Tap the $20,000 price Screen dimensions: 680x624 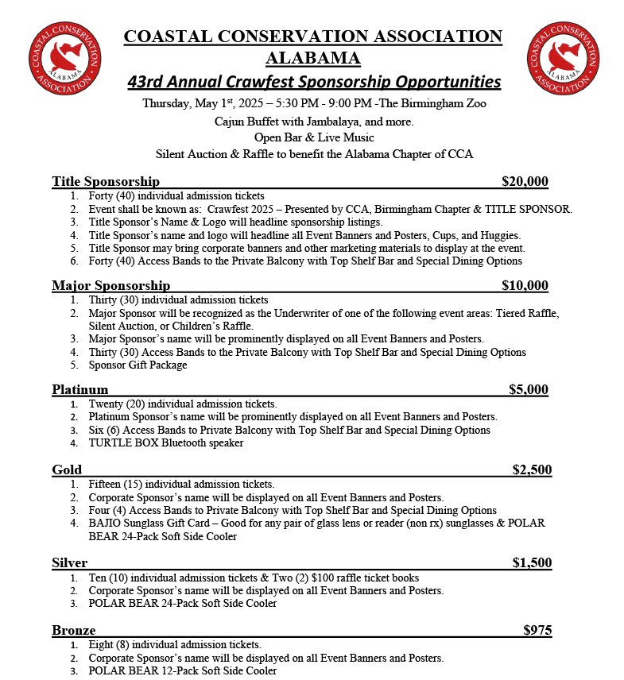[525, 181]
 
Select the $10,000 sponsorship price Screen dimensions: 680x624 [525, 285]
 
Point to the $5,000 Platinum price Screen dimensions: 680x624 [528, 389]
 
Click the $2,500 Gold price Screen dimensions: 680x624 [532, 469]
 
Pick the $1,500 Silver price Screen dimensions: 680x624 [532, 562]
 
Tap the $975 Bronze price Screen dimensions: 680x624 [537, 630]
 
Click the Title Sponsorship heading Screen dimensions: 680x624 [106, 181]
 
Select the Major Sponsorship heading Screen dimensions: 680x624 [110, 285]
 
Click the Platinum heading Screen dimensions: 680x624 [79, 389]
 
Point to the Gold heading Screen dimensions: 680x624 [67, 469]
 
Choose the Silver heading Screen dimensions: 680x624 [70, 562]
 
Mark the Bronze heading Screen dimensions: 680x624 [74, 630]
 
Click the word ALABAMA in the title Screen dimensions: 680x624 [312, 58]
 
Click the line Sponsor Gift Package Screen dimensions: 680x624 [138, 365]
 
